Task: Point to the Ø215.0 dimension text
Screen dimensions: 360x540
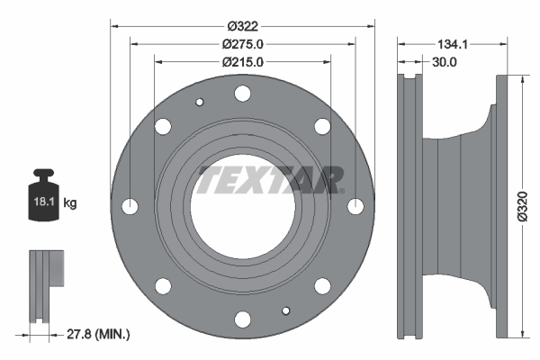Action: click(x=242, y=62)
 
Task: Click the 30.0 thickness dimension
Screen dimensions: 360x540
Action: click(x=445, y=62)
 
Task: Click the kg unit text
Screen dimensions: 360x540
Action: click(x=69, y=203)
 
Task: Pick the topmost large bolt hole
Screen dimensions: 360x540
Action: click(x=242, y=93)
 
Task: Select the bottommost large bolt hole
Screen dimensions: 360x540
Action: click(x=242, y=319)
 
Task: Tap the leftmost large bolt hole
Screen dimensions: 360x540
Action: click(x=130, y=206)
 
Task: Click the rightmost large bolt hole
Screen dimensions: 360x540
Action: click(x=355, y=206)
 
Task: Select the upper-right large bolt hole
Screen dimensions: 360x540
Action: click(x=322, y=126)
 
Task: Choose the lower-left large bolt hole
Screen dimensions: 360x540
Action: click(x=163, y=286)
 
